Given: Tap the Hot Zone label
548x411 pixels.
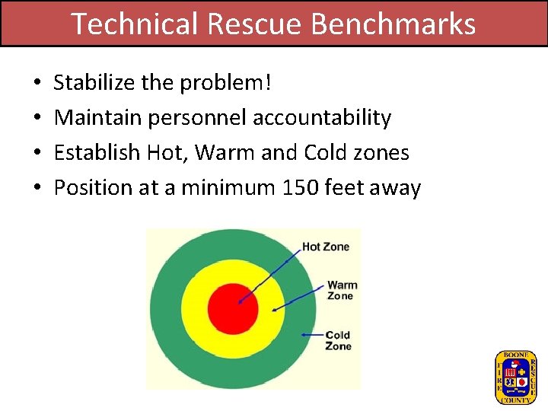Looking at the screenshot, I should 326,247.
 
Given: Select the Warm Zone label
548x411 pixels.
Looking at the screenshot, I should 342,290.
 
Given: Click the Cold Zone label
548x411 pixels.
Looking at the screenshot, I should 338,340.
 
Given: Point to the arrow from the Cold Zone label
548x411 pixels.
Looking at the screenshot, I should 312,334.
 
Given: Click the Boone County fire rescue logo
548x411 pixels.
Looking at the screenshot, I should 515,377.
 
